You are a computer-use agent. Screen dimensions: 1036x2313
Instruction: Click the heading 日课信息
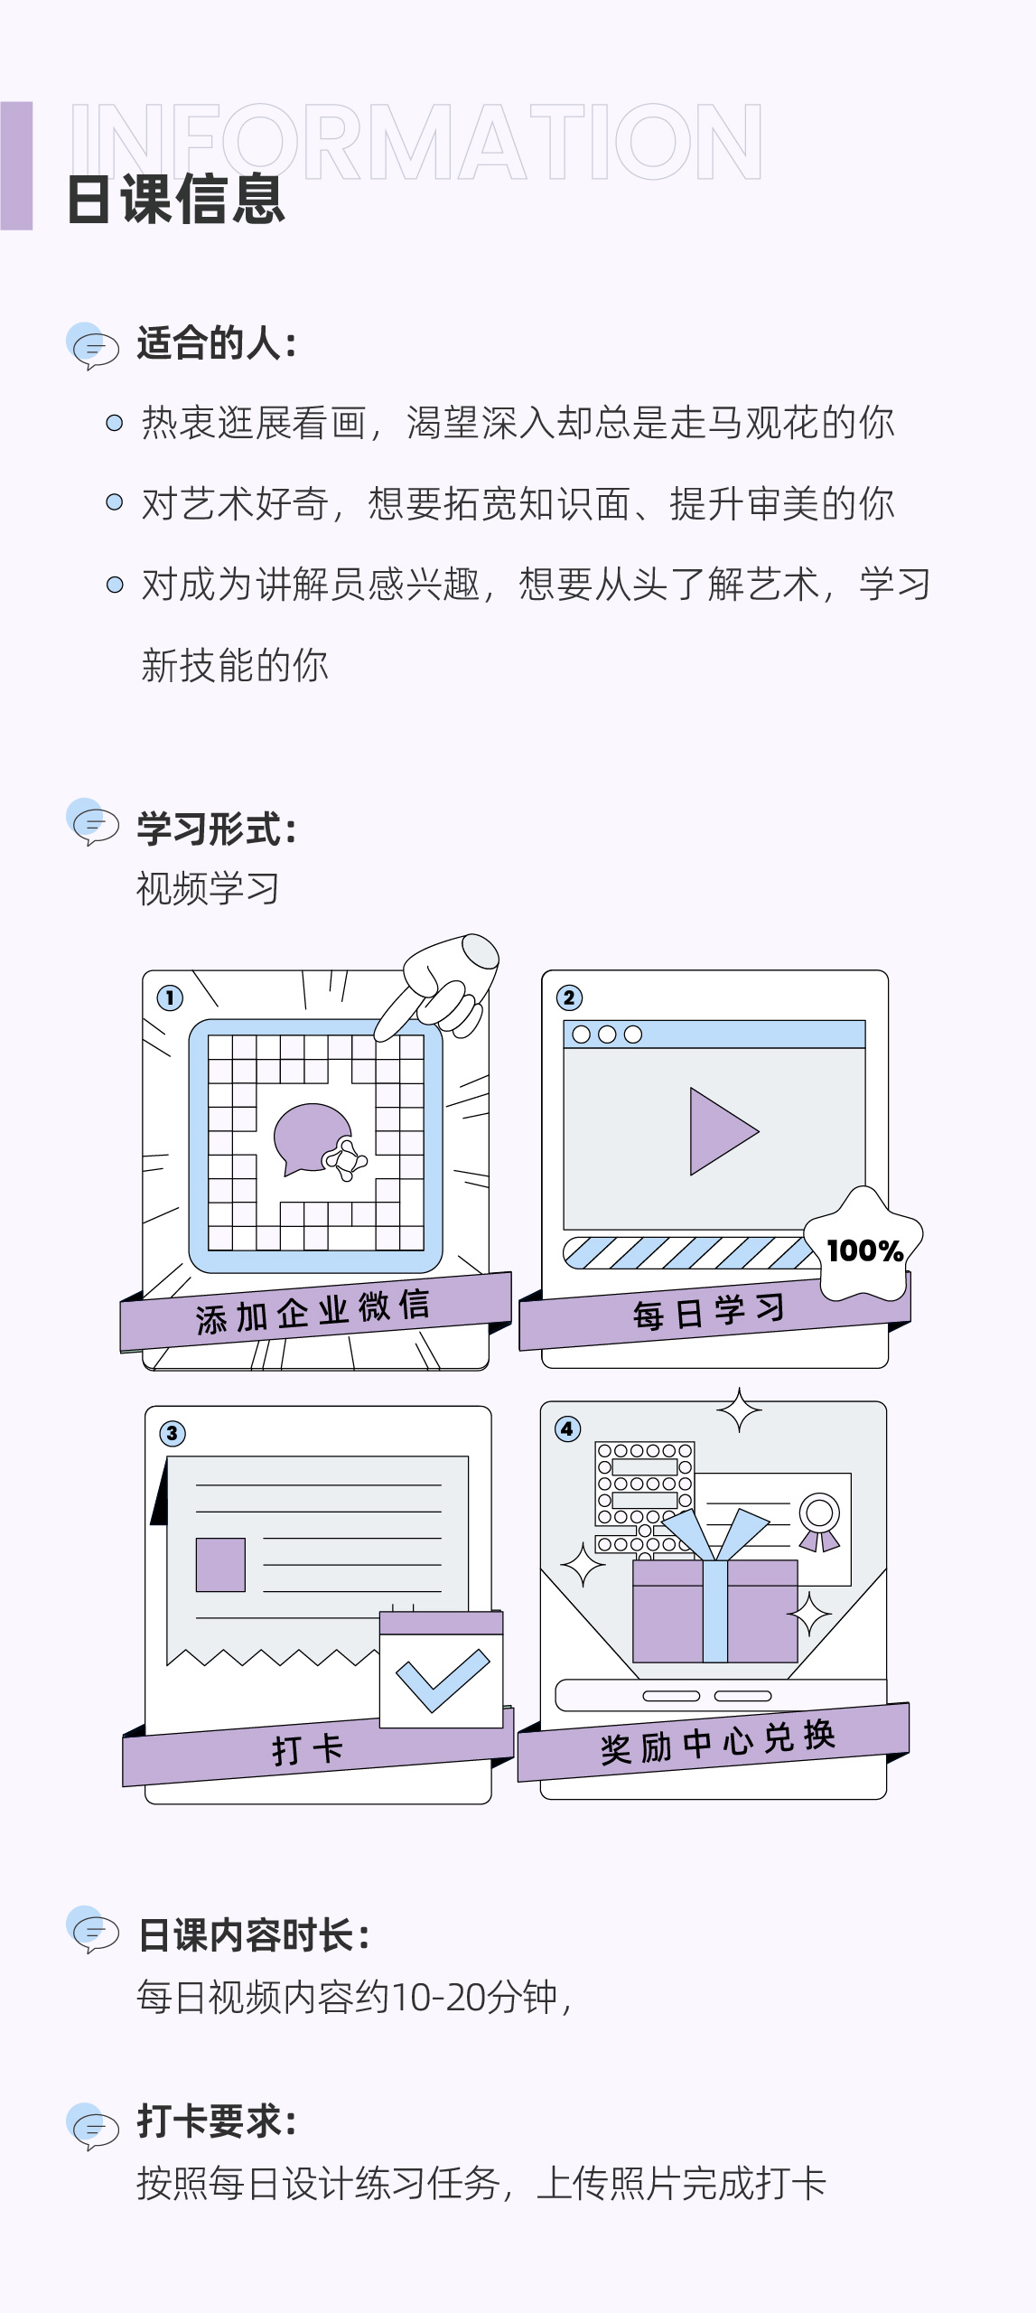(176, 200)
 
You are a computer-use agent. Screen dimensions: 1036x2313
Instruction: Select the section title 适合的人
(217, 343)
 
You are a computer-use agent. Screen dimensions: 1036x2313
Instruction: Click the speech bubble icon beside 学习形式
(93, 823)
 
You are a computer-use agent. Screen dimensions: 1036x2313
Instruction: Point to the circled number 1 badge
(170, 997)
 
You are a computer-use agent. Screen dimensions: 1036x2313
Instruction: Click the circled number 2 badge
(569, 997)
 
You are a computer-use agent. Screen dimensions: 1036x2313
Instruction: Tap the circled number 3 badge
(173, 1433)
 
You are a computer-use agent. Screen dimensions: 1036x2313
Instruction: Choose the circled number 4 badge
(567, 1428)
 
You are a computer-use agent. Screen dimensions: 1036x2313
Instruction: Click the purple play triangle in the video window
(720, 1131)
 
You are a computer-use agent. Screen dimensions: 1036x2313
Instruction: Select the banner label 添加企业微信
(313, 1312)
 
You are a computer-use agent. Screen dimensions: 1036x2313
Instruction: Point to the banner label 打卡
(308, 1749)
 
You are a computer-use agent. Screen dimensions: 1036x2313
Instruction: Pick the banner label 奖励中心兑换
(718, 1742)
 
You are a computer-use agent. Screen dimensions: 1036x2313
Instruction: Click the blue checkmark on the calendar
(442, 1680)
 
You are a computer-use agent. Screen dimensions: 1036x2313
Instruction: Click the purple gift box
(714, 1610)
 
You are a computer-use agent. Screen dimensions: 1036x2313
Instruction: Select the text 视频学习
(208, 889)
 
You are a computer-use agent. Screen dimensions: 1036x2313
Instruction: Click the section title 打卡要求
(217, 2121)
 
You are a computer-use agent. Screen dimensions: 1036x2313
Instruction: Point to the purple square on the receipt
(220, 1564)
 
